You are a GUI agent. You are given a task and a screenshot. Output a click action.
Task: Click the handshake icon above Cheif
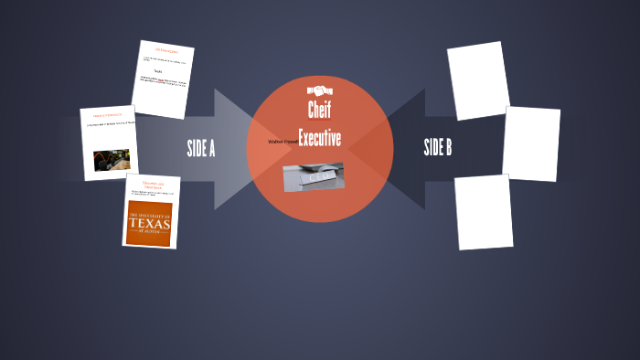tap(320, 91)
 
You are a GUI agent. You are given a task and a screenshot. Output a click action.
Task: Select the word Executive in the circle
tap(320, 139)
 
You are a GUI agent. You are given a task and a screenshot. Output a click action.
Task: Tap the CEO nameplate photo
tap(314, 176)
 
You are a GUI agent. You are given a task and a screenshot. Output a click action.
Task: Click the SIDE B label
tap(438, 147)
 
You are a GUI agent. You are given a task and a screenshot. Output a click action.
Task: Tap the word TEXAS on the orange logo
tap(150, 223)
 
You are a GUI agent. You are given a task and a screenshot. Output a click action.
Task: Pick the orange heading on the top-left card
tap(165, 50)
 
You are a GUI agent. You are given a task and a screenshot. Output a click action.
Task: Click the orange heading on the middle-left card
tap(107, 115)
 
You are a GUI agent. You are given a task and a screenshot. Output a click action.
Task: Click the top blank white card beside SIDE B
tap(478, 80)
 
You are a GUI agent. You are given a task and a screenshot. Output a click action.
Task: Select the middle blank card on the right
tap(531, 143)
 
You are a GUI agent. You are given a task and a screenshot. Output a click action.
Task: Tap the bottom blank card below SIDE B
tap(484, 212)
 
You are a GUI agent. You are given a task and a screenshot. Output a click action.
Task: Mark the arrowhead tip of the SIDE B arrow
tap(377, 148)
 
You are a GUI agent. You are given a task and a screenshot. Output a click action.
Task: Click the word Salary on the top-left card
tap(158, 70)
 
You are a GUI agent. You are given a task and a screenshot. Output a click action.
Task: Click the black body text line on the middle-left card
tap(109, 123)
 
